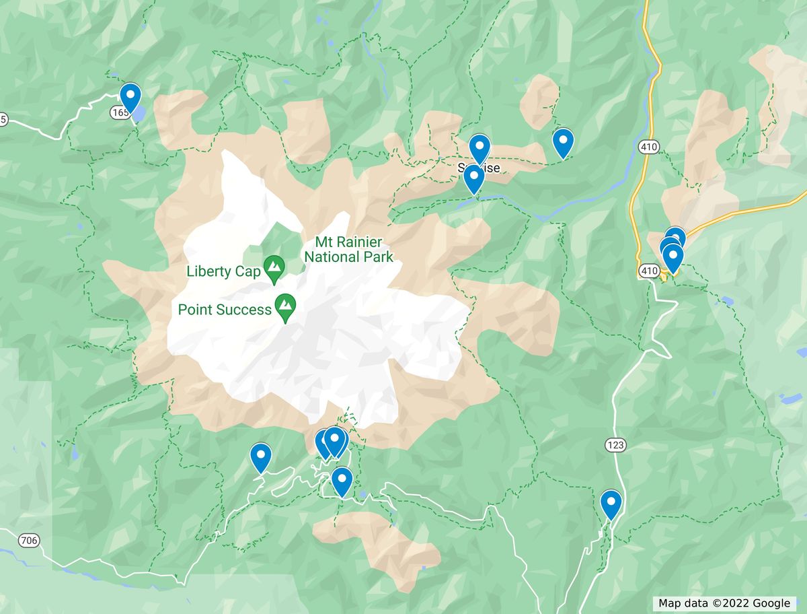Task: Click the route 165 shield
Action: tap(120, 113)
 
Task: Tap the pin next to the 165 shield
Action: tap(130, 96)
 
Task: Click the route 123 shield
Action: tap(615, 445)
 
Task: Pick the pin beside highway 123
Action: tap(611, 504)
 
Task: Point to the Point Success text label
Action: tap(225, 310)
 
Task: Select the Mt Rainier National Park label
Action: tap(348, 249)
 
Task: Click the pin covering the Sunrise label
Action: tap(479, 147)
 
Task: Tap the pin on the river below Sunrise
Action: tap(473, 179)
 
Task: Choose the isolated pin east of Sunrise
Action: tap(563, 142)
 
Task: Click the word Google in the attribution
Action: tap(771, 603)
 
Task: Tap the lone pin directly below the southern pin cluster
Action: tap(342, 481)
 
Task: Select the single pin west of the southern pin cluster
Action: tap(260, 456)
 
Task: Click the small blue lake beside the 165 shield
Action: tap(138, 115)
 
